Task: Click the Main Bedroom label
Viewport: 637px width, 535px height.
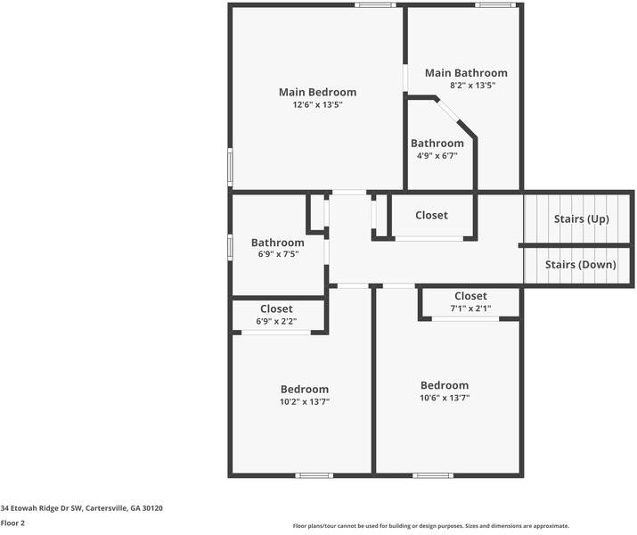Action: coord(317,92)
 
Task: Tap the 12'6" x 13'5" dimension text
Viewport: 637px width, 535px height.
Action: coord(317,105)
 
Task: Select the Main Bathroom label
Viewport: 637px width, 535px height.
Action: coord(466,73)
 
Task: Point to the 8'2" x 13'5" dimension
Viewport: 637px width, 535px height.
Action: coord(466,86)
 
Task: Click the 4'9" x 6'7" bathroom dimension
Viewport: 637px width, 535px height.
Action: coord(437,156)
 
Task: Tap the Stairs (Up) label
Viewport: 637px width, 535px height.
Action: coord(581,219)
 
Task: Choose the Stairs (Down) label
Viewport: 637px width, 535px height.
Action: coord(580,265)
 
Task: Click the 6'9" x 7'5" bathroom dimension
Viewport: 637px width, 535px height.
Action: coord(277,254)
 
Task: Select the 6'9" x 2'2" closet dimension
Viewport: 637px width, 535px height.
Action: coord(276,321)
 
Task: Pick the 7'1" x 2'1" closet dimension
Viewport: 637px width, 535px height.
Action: coord(470,309)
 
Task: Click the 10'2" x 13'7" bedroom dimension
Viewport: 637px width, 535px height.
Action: coord(304,402)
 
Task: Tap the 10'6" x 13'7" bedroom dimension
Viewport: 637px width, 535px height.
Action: coord(445,399)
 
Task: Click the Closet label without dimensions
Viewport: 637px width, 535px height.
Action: coord(431,216)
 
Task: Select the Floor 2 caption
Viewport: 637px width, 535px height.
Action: coord(12,523)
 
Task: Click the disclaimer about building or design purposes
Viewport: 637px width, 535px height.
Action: coord(431,526)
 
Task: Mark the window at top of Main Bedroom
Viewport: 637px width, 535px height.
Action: coord(375,5)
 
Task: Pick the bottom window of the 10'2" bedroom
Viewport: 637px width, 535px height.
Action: coord(314,475)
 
